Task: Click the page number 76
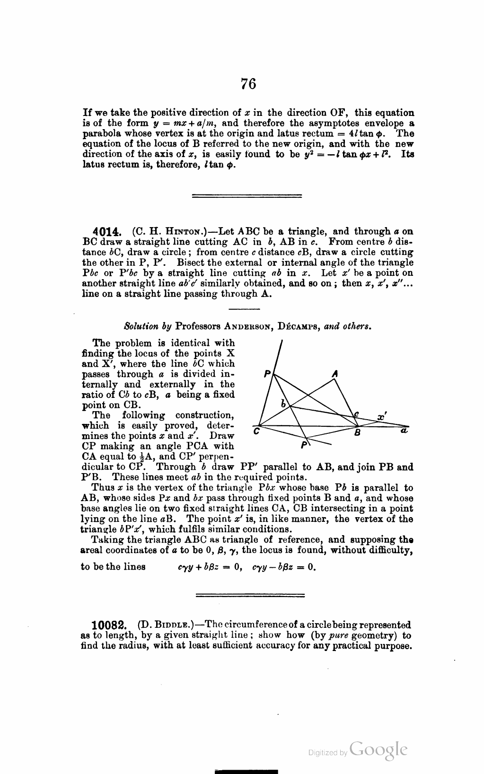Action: coord(248,84)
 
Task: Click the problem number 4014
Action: coord(108,232)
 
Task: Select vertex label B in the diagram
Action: coord(358,432)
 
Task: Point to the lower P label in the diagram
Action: coord(303,445)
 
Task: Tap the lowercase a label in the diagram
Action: coord(404,431)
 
